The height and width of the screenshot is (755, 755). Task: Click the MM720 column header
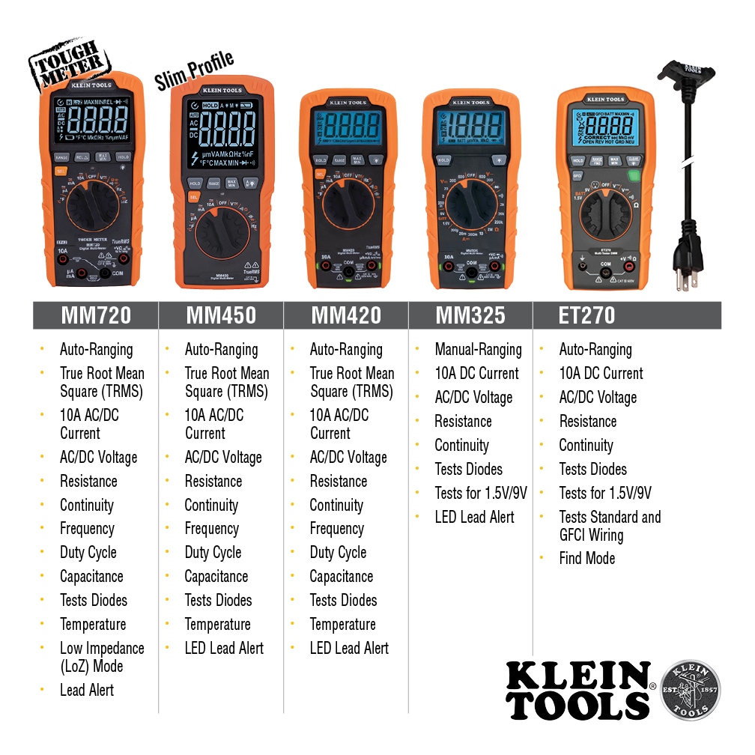pos(96,315)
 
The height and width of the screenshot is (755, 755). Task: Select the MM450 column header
pos(221,315)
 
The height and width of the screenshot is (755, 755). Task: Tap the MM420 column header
pos(346,315)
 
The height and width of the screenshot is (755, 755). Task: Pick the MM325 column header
pos(470,315)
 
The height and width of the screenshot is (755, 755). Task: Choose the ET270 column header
pos(587,315)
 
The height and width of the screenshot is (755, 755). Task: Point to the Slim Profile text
pos(195,71)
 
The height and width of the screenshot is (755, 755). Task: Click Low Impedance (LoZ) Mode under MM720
pos(102,657)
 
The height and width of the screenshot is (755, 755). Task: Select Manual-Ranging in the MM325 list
pos(478,349)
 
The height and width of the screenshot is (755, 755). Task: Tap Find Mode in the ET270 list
pos(586,558)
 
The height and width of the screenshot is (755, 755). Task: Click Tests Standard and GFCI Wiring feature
pos(610,526)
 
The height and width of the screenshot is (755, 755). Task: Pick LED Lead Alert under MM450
pos(224,648)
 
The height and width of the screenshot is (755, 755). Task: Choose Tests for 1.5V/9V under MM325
pos(481,493)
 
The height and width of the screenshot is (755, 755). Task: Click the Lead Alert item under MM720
pos(87,690)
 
